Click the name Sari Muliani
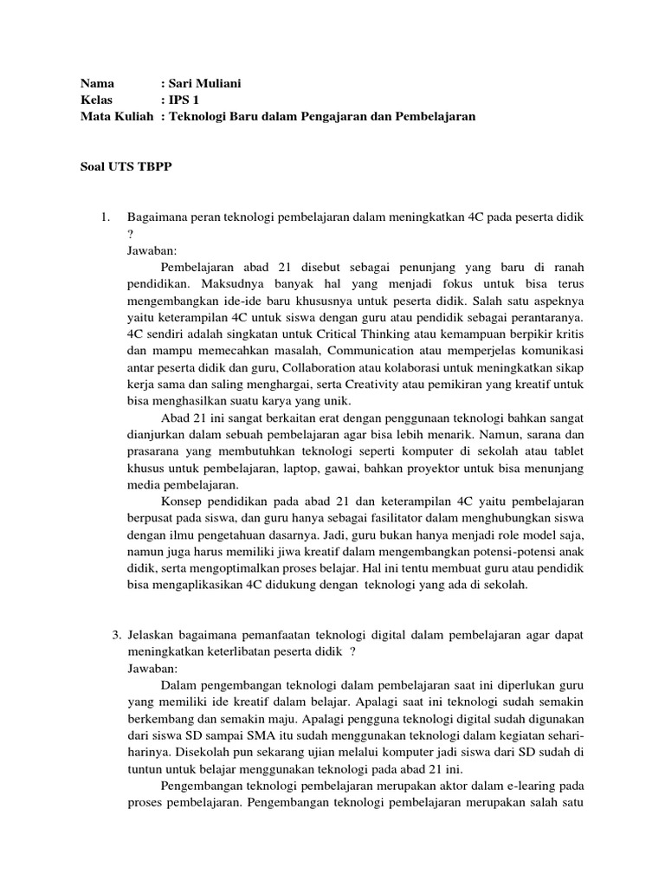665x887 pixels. (209, 83)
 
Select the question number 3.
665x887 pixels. (116, 635)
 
